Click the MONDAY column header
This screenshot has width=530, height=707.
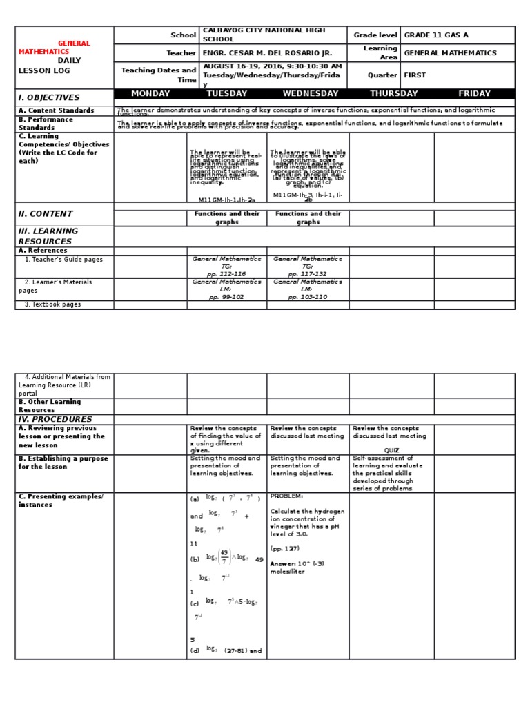[x=150, y=94]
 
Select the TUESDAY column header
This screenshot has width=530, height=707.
[x=226, y=94]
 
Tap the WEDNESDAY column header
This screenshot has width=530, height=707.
[x=311, y=94]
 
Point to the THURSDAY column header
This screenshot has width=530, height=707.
[x=393, y=94]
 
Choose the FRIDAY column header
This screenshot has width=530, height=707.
[x=474, y=94]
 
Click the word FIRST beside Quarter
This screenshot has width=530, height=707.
[x=415, y=75]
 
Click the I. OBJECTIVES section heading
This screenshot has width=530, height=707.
[x=49, y=98]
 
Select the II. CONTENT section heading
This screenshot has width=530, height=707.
[x=46, y=214]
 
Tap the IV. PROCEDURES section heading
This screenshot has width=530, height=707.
[x=55, y=419]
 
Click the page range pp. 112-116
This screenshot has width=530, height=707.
[x=227, y=274]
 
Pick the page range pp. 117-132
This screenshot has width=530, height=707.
[x=308, y=274]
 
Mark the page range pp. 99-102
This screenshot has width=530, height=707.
[x=227, y=297]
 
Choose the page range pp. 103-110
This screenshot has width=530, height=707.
[x=308, y=297]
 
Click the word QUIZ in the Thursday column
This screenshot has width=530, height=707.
[x=392, y=450]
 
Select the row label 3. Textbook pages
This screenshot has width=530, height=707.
[x=52, y=304]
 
